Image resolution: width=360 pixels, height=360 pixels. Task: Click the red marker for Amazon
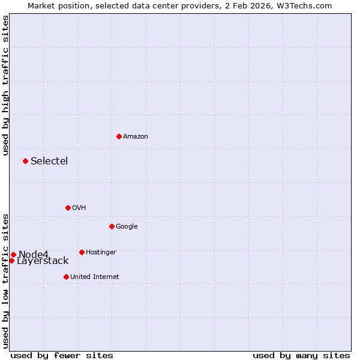coord(119,136)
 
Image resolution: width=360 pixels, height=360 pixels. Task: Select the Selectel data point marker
coord(25,161)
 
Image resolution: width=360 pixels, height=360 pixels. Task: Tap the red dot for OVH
coord(68,208)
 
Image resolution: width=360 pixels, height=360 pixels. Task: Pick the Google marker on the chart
coord(112,226)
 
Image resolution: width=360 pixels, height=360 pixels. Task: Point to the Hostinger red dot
coord(82,252)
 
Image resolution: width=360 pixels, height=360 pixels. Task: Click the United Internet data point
coord(66,277)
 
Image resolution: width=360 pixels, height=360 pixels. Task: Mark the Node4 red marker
coord(13,254)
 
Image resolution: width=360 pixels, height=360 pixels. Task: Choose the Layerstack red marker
coord(11,260)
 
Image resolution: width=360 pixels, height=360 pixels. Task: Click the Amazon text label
coord(136,137)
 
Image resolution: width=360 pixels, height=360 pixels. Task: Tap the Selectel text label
coord(49,161)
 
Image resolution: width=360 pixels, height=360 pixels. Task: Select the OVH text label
coord(79,208)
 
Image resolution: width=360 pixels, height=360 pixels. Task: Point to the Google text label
coord(127,227)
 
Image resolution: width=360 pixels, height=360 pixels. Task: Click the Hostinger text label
coord(101,253)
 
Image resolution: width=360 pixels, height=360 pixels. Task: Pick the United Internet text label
coord(94,277)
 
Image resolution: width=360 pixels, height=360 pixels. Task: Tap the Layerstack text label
coord(43,261)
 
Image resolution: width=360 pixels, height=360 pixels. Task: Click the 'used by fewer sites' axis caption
coord(62,355)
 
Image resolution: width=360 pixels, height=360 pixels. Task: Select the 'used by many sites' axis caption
coord(301,355)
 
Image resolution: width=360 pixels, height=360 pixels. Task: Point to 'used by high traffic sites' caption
coord(5,86)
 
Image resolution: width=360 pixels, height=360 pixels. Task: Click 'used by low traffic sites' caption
coord(5,280)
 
